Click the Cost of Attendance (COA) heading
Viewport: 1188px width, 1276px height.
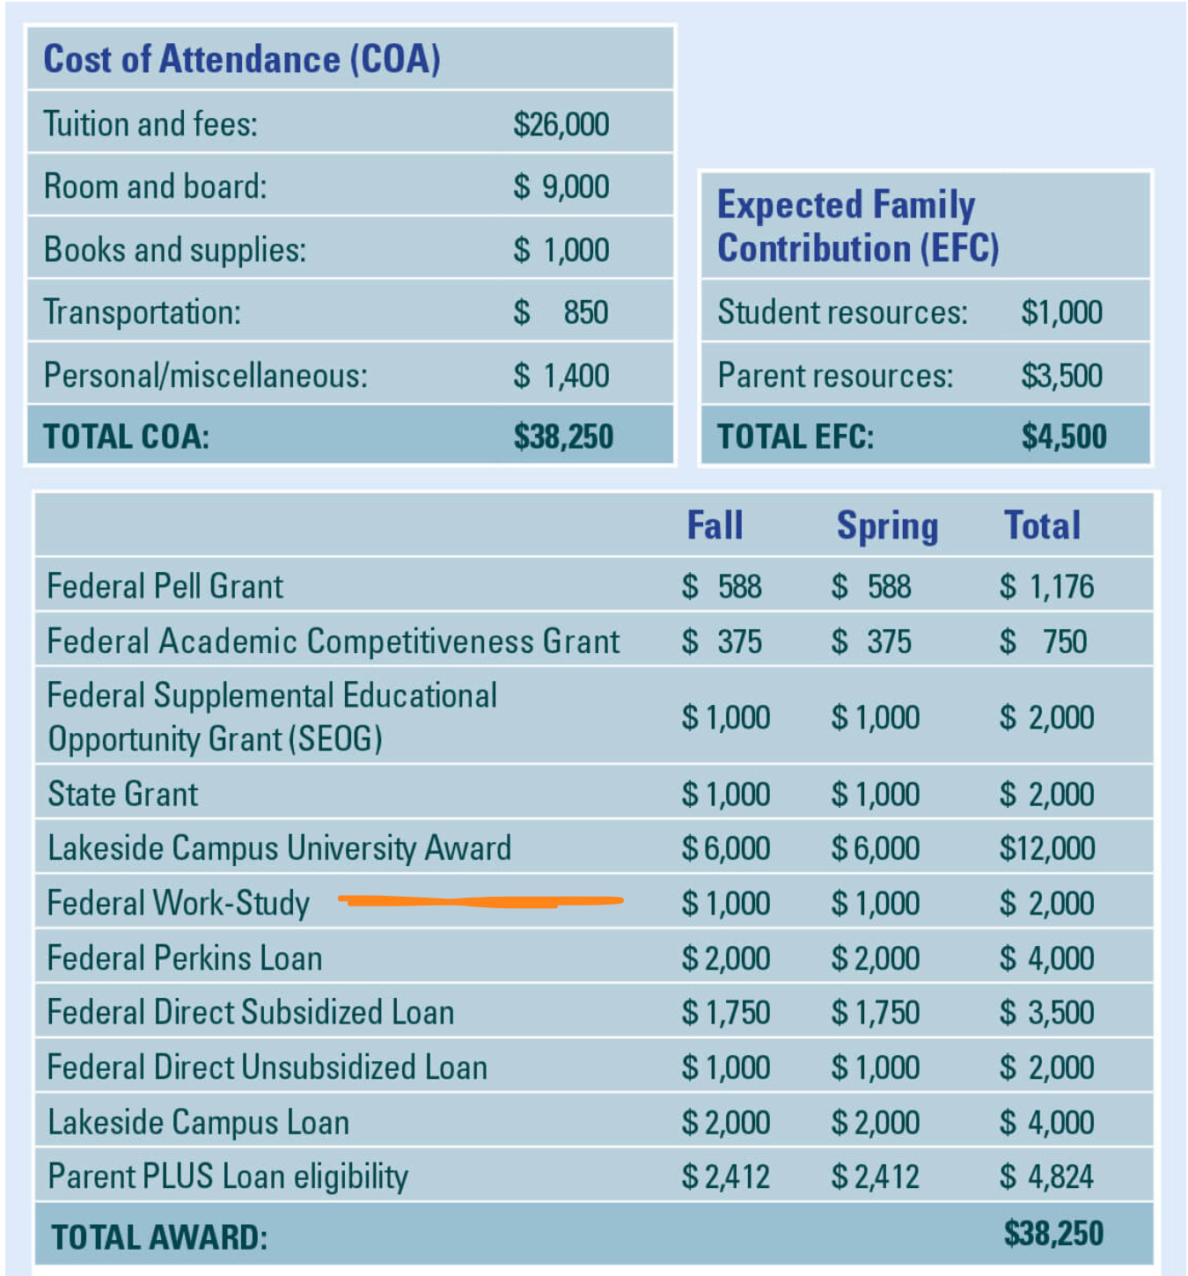point(242,59)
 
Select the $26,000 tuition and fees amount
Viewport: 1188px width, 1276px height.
point(561,124)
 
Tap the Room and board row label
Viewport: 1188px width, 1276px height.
point(155,187)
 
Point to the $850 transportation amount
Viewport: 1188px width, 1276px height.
point(561,312)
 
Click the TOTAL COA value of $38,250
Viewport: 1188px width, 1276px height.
point(563,436)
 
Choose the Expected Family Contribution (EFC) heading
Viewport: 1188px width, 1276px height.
point(858,226)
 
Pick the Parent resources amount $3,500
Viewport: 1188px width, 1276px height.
point(1061,376)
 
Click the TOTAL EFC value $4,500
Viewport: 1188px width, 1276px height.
point(1063,436)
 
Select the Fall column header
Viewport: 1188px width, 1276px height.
point(715,525)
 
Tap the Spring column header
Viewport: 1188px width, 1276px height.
point(887,526)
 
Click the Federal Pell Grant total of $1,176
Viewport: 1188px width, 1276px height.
point(1046,586)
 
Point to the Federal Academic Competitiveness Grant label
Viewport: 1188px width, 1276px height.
point(333,642)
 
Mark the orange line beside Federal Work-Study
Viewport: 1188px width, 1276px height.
point(480,900)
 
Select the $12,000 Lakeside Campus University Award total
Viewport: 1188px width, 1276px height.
point(1047,848)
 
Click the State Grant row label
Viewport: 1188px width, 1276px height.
point(122,794)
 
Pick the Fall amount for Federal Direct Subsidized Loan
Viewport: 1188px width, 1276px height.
point(725,1013)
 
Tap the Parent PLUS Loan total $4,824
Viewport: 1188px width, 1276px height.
point(1046,1177)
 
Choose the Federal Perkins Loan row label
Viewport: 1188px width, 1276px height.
point(184,958)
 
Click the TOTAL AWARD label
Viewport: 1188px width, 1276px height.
point(159,1237)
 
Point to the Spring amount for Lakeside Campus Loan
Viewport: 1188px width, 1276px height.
point(875,1123)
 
